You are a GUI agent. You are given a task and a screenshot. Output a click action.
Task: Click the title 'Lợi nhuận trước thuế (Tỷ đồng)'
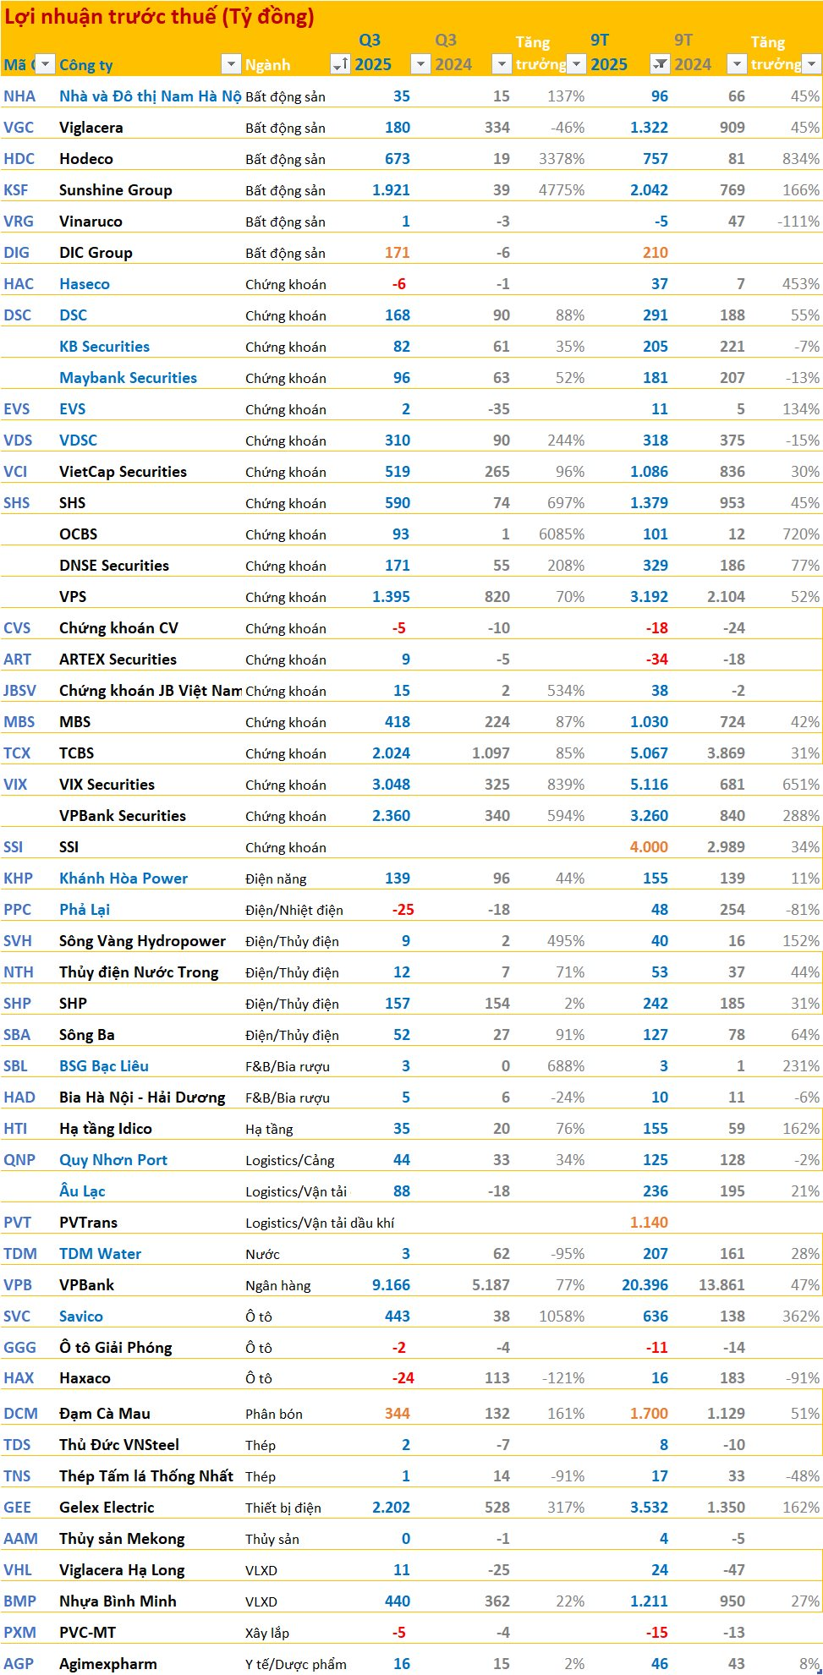[159, 16]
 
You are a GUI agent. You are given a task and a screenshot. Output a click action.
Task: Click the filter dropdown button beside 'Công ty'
[231, 63]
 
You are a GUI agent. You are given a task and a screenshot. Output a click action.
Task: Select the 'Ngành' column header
[267, 65]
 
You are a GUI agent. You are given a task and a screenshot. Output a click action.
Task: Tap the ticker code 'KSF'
[16, 190]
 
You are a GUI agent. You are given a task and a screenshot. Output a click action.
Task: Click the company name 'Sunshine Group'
[115, 190]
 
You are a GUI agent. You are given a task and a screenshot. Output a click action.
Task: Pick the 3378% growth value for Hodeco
[562, 159]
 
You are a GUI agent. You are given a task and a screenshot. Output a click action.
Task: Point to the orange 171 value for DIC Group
[397, 253]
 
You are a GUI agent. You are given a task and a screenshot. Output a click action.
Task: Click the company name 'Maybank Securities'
[128, 378]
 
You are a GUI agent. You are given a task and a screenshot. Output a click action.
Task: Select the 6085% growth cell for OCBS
[562, 534]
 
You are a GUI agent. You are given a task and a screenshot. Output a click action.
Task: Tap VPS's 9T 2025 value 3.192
[649, 597]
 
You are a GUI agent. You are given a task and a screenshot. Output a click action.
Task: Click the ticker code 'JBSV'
[19, 691]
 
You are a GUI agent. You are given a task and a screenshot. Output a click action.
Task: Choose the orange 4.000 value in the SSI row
[649, 847]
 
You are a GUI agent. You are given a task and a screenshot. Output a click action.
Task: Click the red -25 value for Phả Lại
[403, 910]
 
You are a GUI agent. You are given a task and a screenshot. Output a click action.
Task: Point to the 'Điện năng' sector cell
[276, 879]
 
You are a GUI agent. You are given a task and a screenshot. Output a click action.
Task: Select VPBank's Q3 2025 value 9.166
[391, 1285]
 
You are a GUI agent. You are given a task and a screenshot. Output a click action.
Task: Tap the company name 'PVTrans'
[88, 1223]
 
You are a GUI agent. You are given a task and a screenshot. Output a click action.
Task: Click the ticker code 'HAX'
[19, 1378]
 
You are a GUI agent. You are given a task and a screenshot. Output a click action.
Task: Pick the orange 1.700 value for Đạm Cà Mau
[649, 1414]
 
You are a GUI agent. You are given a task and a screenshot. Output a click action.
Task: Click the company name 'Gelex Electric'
[107, 1508]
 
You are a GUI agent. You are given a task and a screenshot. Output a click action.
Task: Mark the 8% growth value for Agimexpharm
[809, 1664]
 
